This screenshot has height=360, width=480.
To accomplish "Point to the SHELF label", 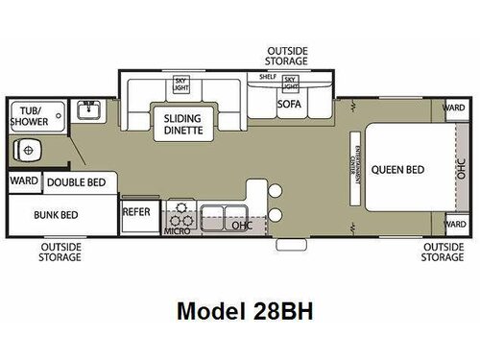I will (268, 77).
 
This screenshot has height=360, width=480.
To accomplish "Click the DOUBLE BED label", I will (76, 181).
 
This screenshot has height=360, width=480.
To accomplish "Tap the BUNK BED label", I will (57, 215).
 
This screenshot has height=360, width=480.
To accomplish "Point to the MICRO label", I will (175, 231).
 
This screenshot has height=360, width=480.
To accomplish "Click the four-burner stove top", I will (180, 213).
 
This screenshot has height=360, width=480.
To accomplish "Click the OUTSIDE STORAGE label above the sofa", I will (288, 56).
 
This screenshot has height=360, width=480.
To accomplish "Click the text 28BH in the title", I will (282, 312).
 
